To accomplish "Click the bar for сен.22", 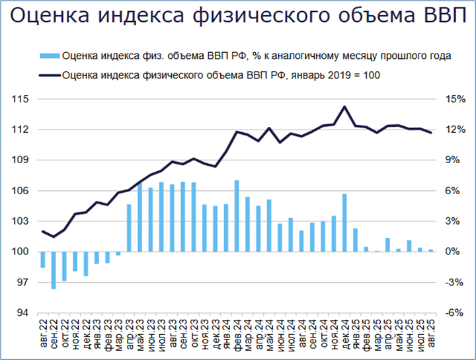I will (54, 270).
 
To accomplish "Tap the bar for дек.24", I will (344, 223).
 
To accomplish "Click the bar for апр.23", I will (129, 228).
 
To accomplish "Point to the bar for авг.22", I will (43, 260).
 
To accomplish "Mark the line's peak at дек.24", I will (344, 106).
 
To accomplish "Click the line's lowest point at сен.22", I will (54, 236).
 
